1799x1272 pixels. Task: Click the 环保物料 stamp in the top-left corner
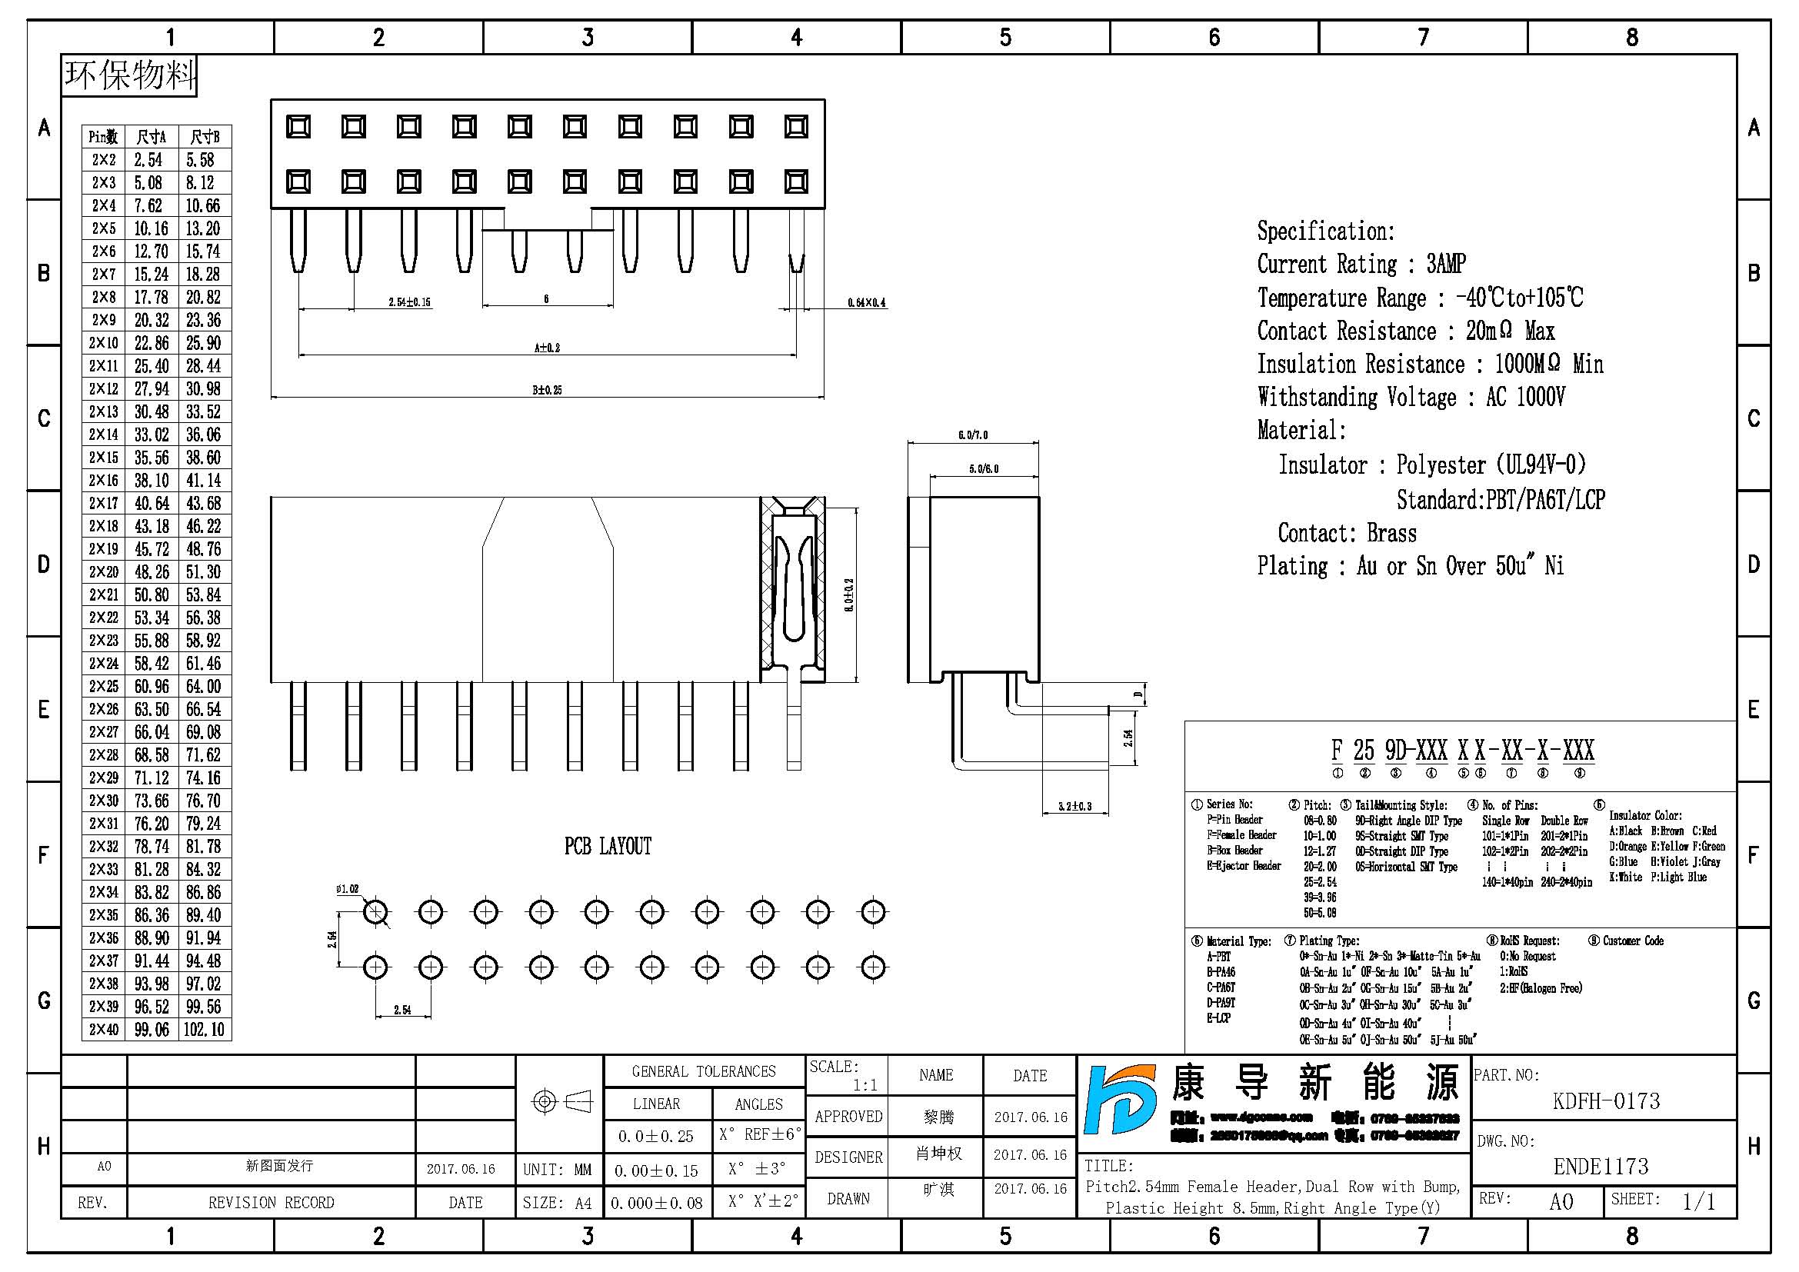click(x=129, y=75)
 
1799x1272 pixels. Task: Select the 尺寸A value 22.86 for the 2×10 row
click(x=152, y=343)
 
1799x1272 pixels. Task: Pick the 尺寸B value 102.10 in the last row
click(x=204, y=1029)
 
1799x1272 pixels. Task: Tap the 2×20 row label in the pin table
click(x=103, y=571)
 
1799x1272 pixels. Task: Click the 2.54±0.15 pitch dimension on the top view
click(x=410, y=302)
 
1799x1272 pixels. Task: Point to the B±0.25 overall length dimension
click(x=547, y=389)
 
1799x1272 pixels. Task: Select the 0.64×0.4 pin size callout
click(x=867, y=302)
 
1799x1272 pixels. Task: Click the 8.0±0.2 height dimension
click(x=849, y=595)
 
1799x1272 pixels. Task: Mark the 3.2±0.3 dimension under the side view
click(x=1074, y=806)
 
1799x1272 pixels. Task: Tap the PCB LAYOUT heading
click(x=608, y=846)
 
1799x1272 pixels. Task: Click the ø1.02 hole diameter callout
click(x=347, y=889)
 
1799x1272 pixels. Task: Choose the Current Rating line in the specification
click(x=1361, y=264)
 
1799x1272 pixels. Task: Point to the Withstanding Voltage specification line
click(x=1411, y=397)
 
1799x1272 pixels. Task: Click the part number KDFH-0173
click(x=1605, y=1101)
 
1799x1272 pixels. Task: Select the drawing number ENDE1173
click(x=1601, y=1167)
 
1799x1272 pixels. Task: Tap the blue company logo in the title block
click(x=1121, y=1100)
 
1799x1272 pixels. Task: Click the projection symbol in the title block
click(x=561, y=1102)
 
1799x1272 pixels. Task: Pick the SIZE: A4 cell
click(x=557, y=1203)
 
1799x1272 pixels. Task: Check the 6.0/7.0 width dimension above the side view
click(x=972, y=435)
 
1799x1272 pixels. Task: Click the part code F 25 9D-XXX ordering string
click(x=1462, y=751)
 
